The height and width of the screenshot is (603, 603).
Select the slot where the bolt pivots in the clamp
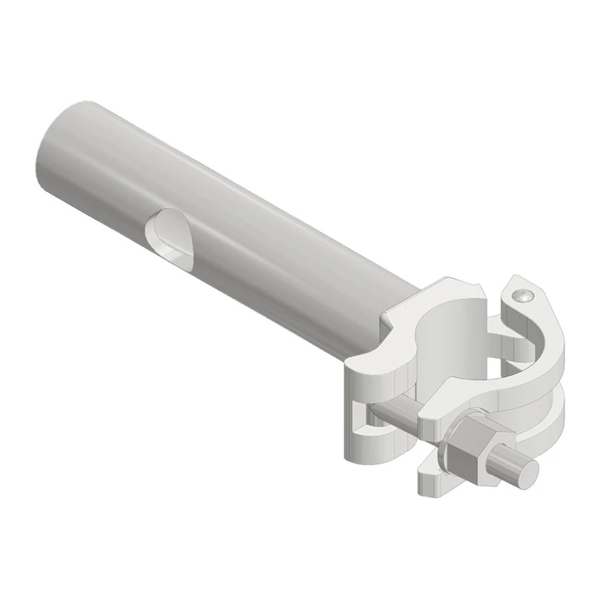pos(365,430)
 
